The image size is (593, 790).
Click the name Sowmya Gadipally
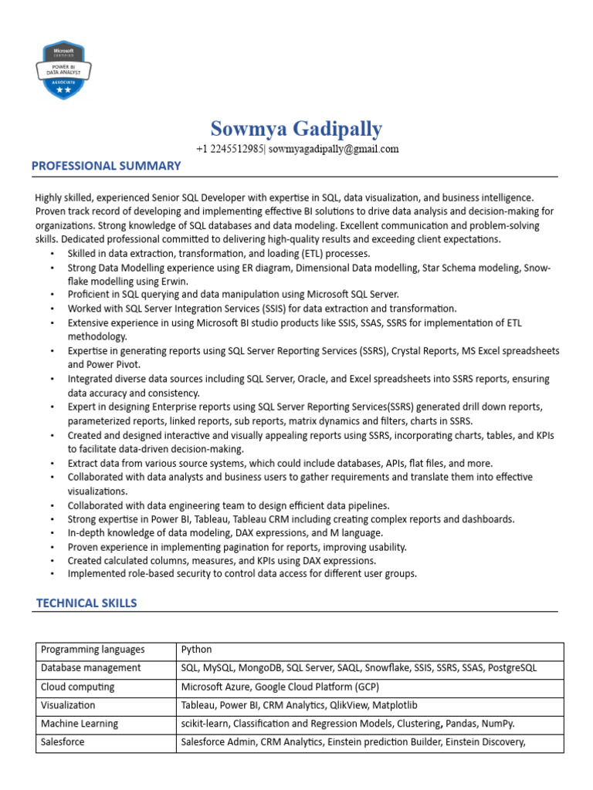click(296, 128)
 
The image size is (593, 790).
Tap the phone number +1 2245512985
click(229, 149)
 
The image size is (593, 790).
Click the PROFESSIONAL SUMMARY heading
click(106, 166)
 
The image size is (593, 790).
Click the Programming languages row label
click(93, 650)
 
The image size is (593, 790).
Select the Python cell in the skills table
click(196, 650)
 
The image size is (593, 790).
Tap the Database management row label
click(90, 668)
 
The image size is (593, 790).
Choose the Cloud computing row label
click(77, 687)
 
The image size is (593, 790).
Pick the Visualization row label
click(68, 705)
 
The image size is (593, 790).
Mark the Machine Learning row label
click(80, 724)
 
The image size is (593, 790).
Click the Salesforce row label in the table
click(63, 742)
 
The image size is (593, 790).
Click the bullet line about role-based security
click(242, 574)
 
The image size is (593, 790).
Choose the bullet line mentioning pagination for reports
click(237, 546)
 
